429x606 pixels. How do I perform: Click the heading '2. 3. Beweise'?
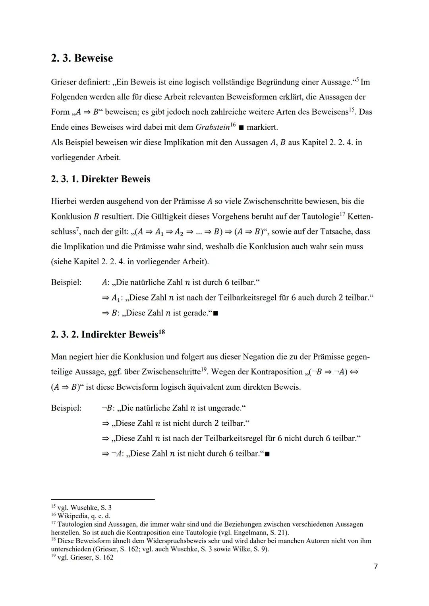82,58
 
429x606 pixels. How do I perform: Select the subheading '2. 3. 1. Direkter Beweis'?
100,179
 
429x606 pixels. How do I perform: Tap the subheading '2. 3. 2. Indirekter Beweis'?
104,335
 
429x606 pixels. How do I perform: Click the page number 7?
376,566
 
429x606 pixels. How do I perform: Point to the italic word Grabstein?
213,127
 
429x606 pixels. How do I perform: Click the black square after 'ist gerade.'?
216,314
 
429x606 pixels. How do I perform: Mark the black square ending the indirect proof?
267,454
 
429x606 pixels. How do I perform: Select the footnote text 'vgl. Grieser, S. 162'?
85,557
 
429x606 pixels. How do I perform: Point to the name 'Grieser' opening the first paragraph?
64,82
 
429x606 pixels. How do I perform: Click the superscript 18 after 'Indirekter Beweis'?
162,333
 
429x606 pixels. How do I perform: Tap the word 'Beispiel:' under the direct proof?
66,283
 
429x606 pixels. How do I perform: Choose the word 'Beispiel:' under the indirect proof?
66,408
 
